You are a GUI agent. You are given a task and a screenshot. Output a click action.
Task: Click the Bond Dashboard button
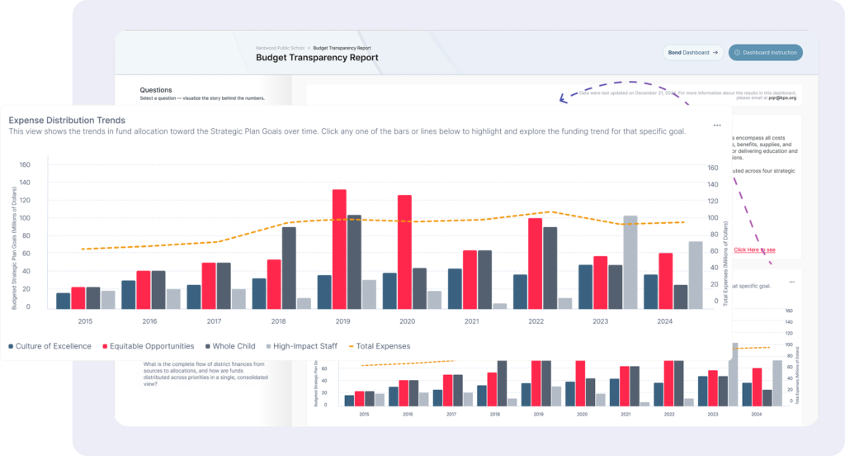click(693, 53)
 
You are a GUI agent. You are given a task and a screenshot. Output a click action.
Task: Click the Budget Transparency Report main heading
click(317, 58)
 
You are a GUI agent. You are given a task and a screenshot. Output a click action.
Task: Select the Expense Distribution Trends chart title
click(67, 121)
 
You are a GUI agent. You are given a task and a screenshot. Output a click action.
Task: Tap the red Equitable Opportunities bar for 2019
click(338, 249)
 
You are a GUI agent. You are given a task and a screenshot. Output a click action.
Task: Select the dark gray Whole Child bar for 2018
click(289, 267)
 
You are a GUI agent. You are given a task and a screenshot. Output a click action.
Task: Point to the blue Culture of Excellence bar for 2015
click(63, 301)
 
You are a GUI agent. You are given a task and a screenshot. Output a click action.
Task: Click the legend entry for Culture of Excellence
click(50, 346)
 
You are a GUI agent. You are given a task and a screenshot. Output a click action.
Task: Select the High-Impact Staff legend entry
click(304, 346)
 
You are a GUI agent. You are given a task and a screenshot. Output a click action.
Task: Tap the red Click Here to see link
click(754, 249)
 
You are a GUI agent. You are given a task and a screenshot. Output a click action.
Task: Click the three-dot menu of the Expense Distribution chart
click(717, 126)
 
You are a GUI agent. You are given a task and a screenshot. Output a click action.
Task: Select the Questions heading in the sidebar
click(156, 90)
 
